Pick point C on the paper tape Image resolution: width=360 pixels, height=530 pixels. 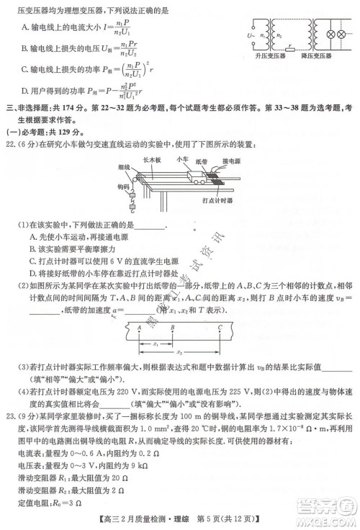[219, 326]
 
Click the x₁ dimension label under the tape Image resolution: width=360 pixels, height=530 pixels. [156, 344]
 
